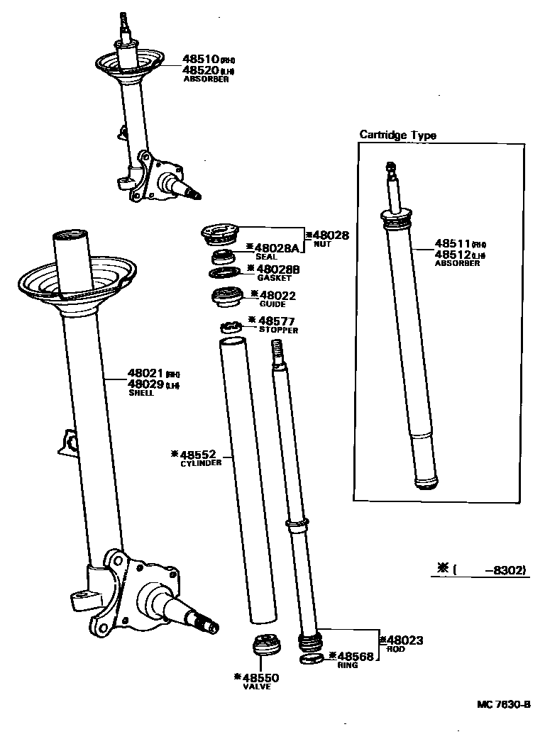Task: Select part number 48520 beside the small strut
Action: click(200, 70)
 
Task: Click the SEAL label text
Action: click(265, 257)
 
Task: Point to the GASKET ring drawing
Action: click(226, 273)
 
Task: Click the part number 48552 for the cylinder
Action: click(202, 454)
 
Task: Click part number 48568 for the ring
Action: click(354, 657)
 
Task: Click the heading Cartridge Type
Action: click(397, 135)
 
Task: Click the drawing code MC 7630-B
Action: click(504, 704)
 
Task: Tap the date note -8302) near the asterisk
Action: click(506, 569)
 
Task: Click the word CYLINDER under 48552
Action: click(201, 463)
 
